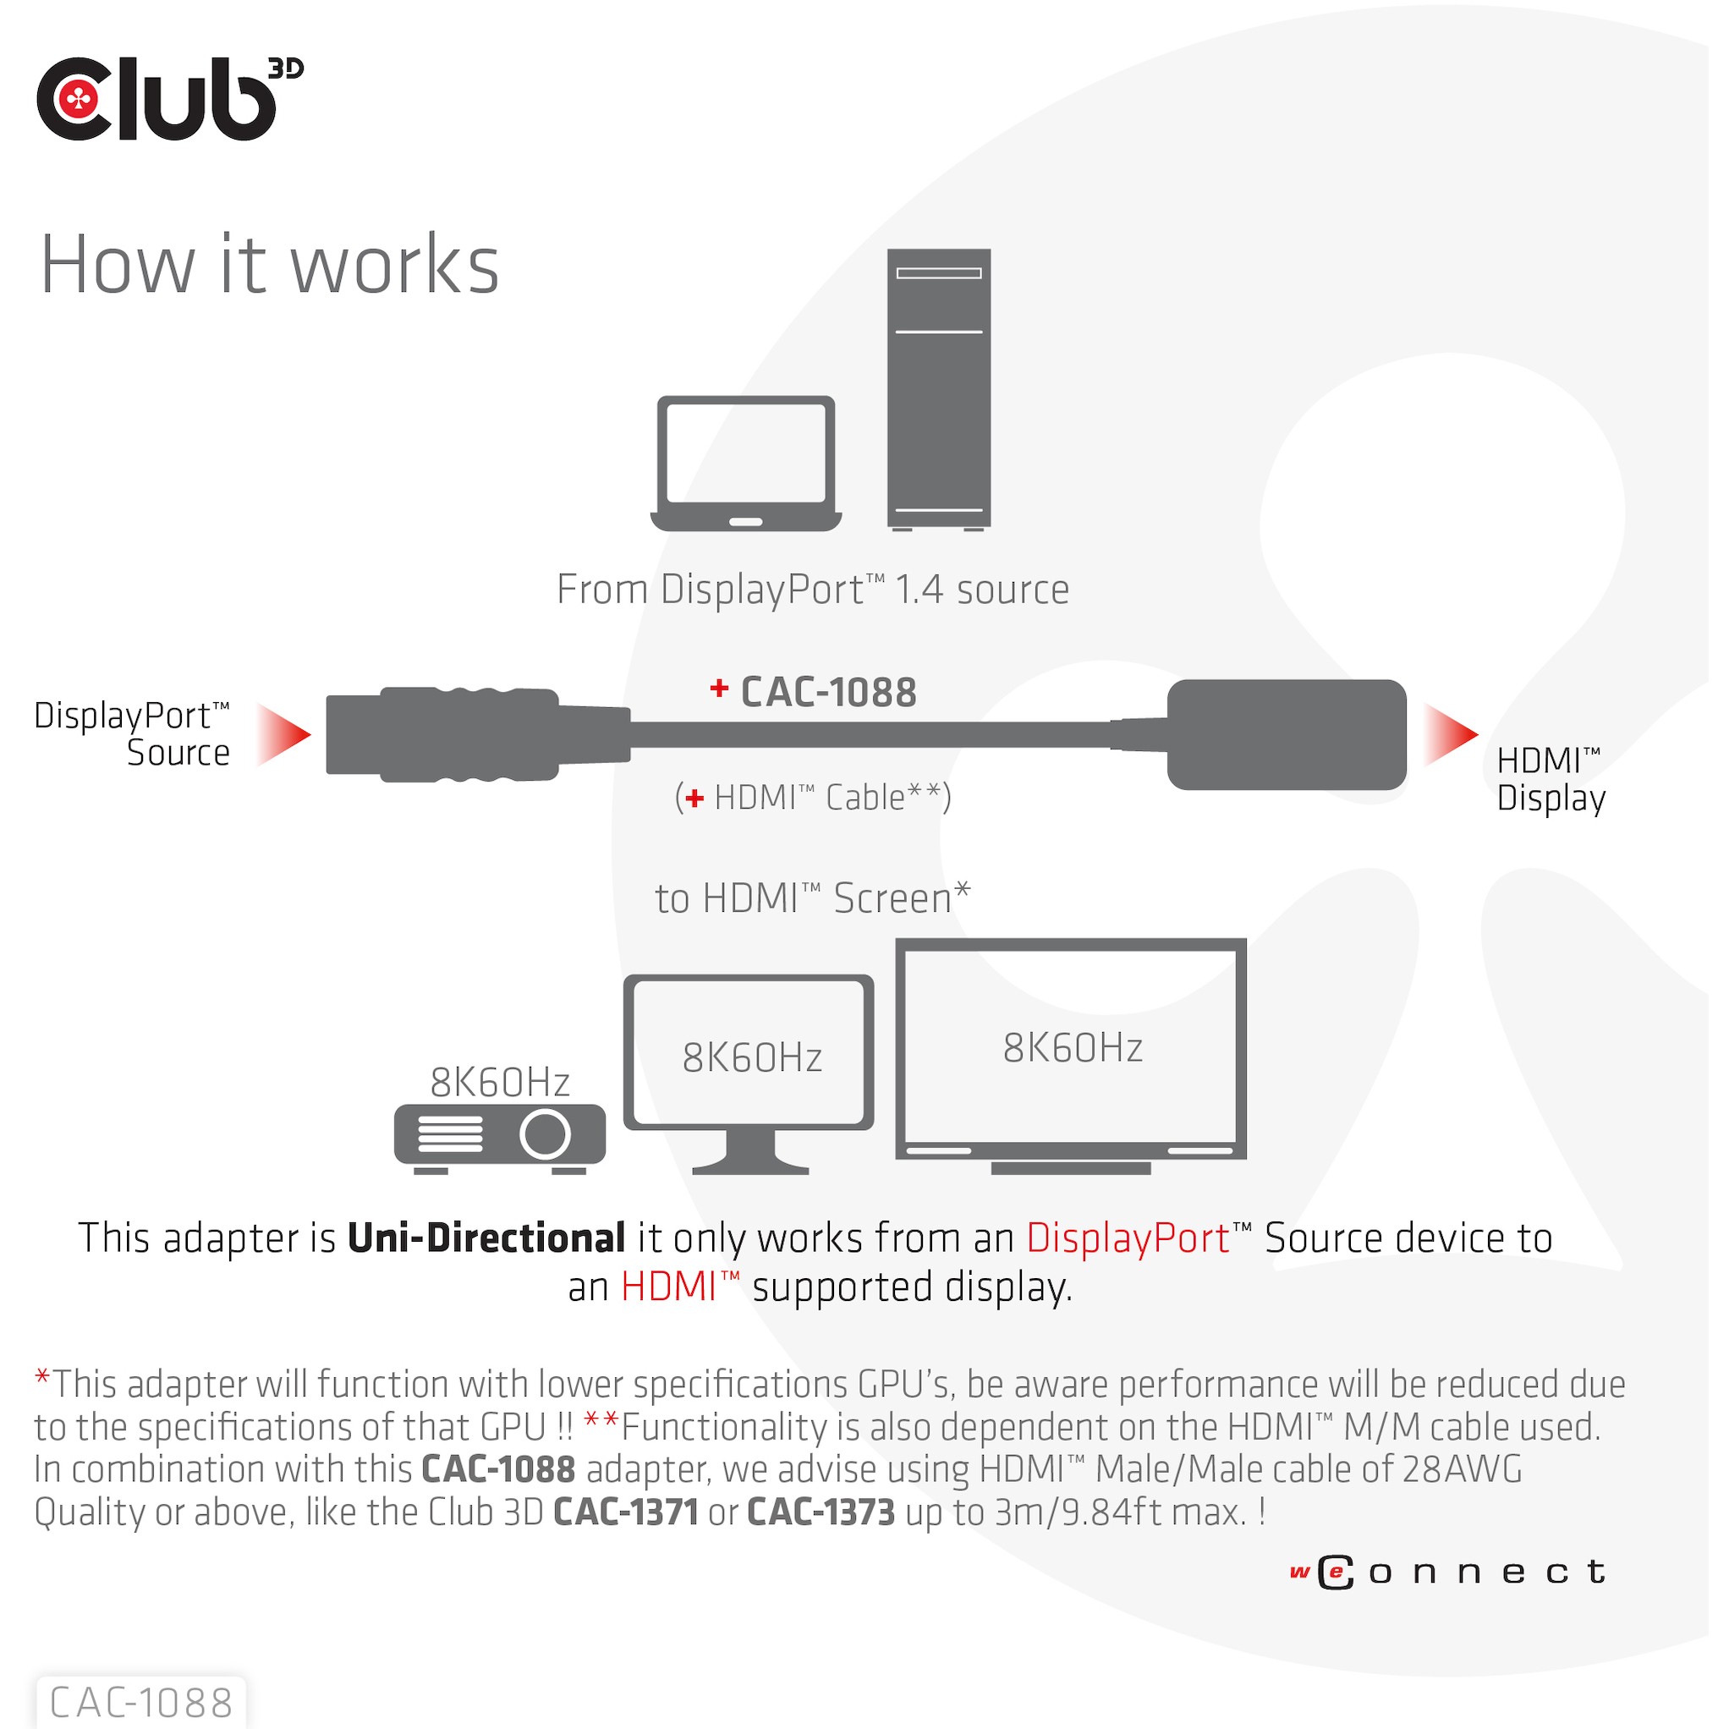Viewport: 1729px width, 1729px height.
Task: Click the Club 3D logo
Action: pyautogui.click(x=171, y=98)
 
